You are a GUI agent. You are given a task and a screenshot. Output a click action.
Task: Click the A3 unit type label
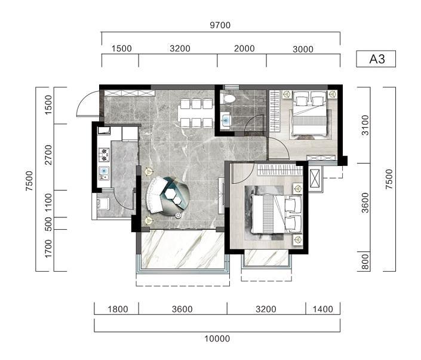tap(377, 59)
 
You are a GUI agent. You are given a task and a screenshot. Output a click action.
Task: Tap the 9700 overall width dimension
tap(220, 25)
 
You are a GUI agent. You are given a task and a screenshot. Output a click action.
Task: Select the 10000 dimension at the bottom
tap(217, 339)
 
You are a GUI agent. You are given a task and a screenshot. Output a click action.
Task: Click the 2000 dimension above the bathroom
tap(244, 48)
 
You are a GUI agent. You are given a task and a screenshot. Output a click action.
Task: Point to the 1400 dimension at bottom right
tap(322, 309)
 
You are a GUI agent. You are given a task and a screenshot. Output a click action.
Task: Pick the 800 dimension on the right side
tap(365, 261)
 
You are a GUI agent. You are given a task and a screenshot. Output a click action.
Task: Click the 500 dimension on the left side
tap(48, 224)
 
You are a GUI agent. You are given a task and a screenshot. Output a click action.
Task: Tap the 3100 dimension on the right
tap(365, 125)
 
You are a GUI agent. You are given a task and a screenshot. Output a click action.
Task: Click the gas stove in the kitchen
tap(104, 155)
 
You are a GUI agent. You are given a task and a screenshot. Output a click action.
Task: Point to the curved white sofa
tap(155, 196)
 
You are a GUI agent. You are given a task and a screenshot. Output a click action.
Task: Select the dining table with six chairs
tap(196, 113)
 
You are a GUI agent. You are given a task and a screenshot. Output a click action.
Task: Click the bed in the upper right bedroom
tap(309, 113)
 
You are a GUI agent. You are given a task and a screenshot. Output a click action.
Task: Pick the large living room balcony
tap(183, 250)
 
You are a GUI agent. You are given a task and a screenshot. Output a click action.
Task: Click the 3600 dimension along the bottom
tap(182, 309)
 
